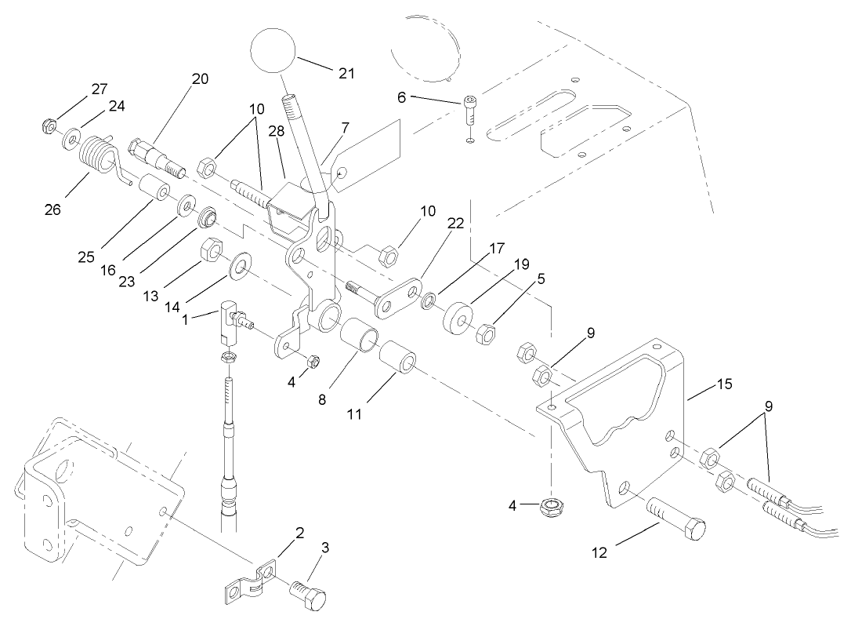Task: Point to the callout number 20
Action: click(200, 78)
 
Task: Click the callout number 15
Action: click(723, 384)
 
